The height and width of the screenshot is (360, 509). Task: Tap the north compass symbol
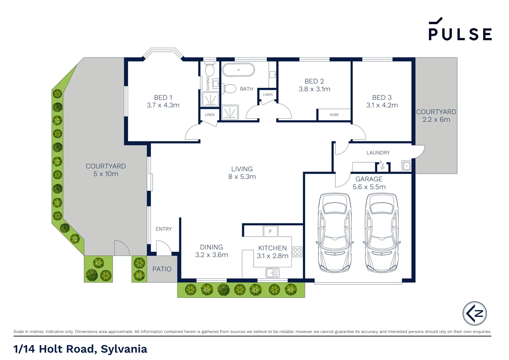pos(474,313)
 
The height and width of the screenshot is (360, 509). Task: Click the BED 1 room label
pos(163,97)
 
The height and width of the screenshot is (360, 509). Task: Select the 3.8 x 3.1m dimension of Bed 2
pos(314,89)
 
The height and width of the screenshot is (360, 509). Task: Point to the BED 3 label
pos(382,97)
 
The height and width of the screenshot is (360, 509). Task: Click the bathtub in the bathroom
pos(238,70)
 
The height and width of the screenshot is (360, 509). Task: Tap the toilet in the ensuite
pos(210,70)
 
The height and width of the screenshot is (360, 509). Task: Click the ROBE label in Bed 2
pos(334,115)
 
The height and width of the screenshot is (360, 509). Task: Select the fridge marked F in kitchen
pos(270,231)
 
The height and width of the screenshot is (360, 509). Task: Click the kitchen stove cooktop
pos(297,252)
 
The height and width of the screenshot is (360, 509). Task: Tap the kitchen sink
pos(272,273)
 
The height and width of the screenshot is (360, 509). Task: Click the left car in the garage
pos(334,232)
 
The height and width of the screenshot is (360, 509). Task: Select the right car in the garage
pos(381,232)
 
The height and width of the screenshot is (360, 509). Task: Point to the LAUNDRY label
pos(378,153)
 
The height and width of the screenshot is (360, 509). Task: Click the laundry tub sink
pos(406,166)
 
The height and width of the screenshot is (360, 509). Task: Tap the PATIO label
pos(162,269)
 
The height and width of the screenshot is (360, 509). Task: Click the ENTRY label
pos(164,229)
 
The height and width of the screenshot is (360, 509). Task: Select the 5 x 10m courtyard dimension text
pos(106,174)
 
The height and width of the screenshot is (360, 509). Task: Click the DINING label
pos(211,247)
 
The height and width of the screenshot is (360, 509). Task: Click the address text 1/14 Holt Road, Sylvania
pos(80,349)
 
